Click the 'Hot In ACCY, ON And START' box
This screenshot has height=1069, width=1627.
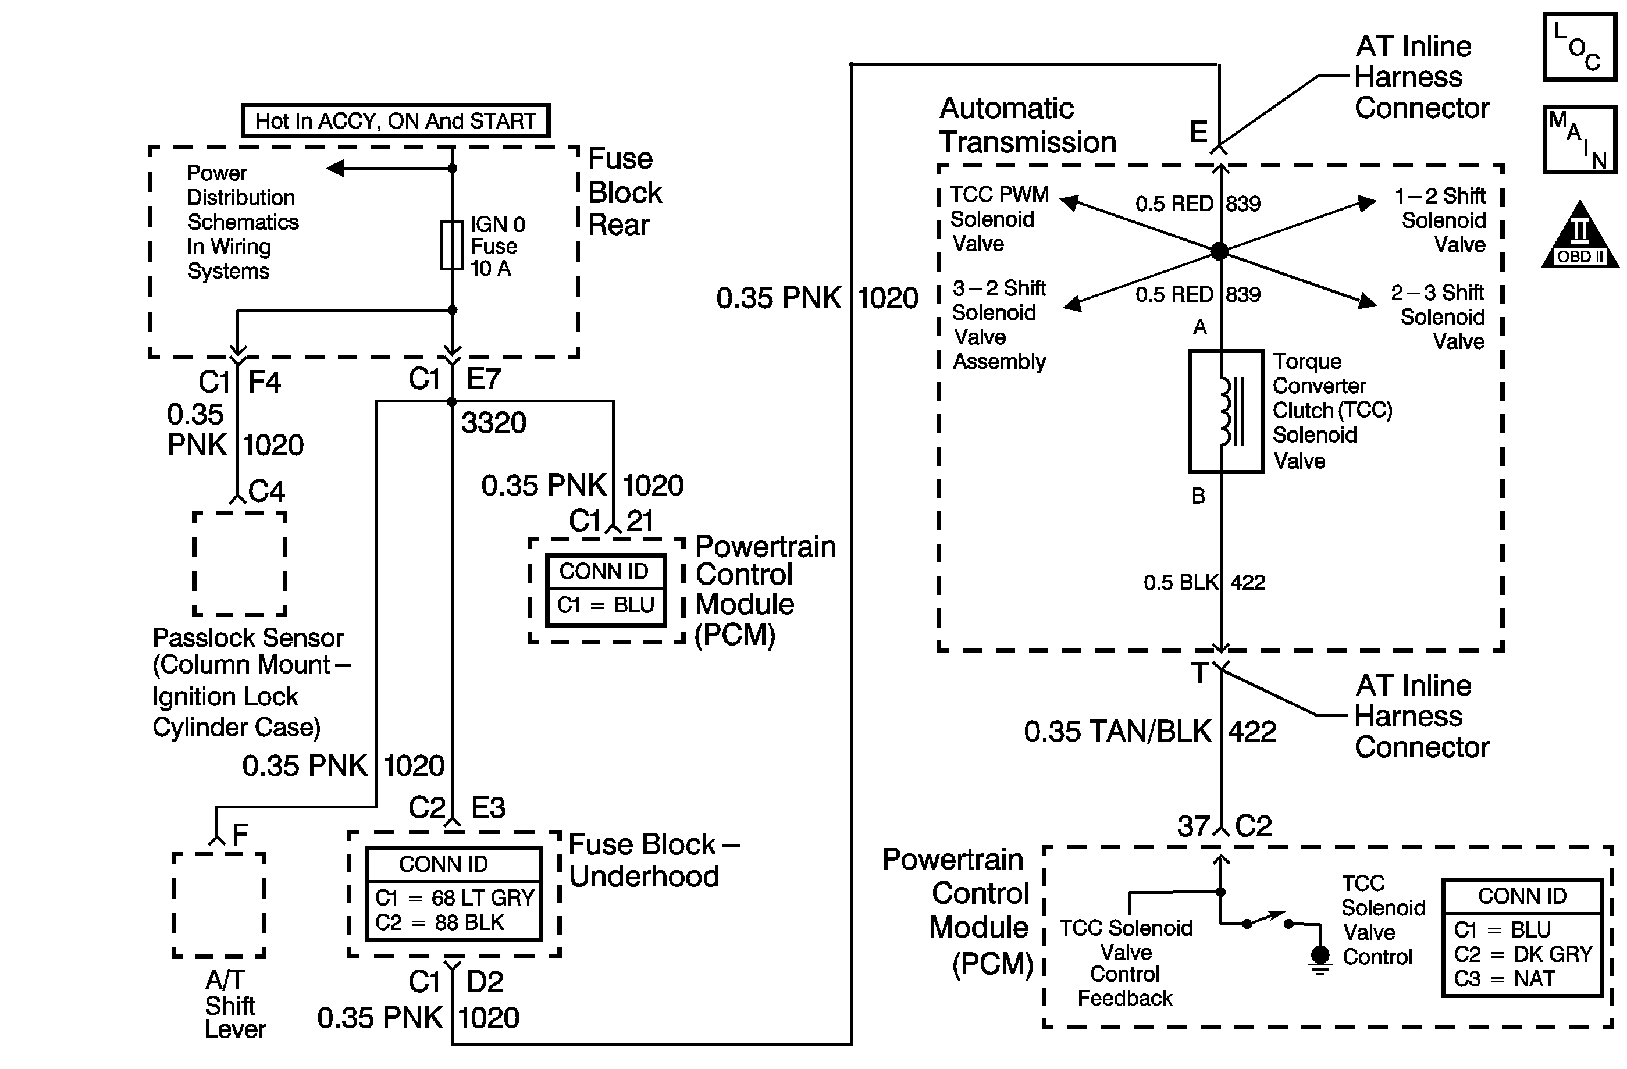pyautogui.click(x=395, y=121)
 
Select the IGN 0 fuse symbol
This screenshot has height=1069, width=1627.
pyautogui.click(x=451, y=245)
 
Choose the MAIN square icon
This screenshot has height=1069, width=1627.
pyautogui.click(x=1579, y=140)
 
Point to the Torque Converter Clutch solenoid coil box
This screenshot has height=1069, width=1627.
pyautogui.click(x=1226, y=411)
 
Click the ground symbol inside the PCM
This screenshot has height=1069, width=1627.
pyautogui.click(x=1320, y=957)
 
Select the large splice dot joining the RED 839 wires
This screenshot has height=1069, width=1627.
pyautogui.click(x=1220, y=251)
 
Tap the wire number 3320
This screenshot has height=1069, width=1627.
pyautogui.click(x=494, y=423)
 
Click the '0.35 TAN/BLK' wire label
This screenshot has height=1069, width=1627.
pyautogui.click(x=1117, y=731)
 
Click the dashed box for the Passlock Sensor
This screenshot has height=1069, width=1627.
pyautogui.click(x=239, y=564)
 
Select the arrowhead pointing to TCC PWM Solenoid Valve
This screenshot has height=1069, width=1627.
pyautogui.click(x=1069, y=201)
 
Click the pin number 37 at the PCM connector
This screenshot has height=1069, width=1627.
pyautogui.click(x=1194, y=826)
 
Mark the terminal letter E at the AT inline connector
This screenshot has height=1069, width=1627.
pyautogui.click(x=1198, y=132)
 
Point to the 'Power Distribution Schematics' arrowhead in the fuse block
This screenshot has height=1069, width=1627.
pyautogui.click(x=335, y=168)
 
